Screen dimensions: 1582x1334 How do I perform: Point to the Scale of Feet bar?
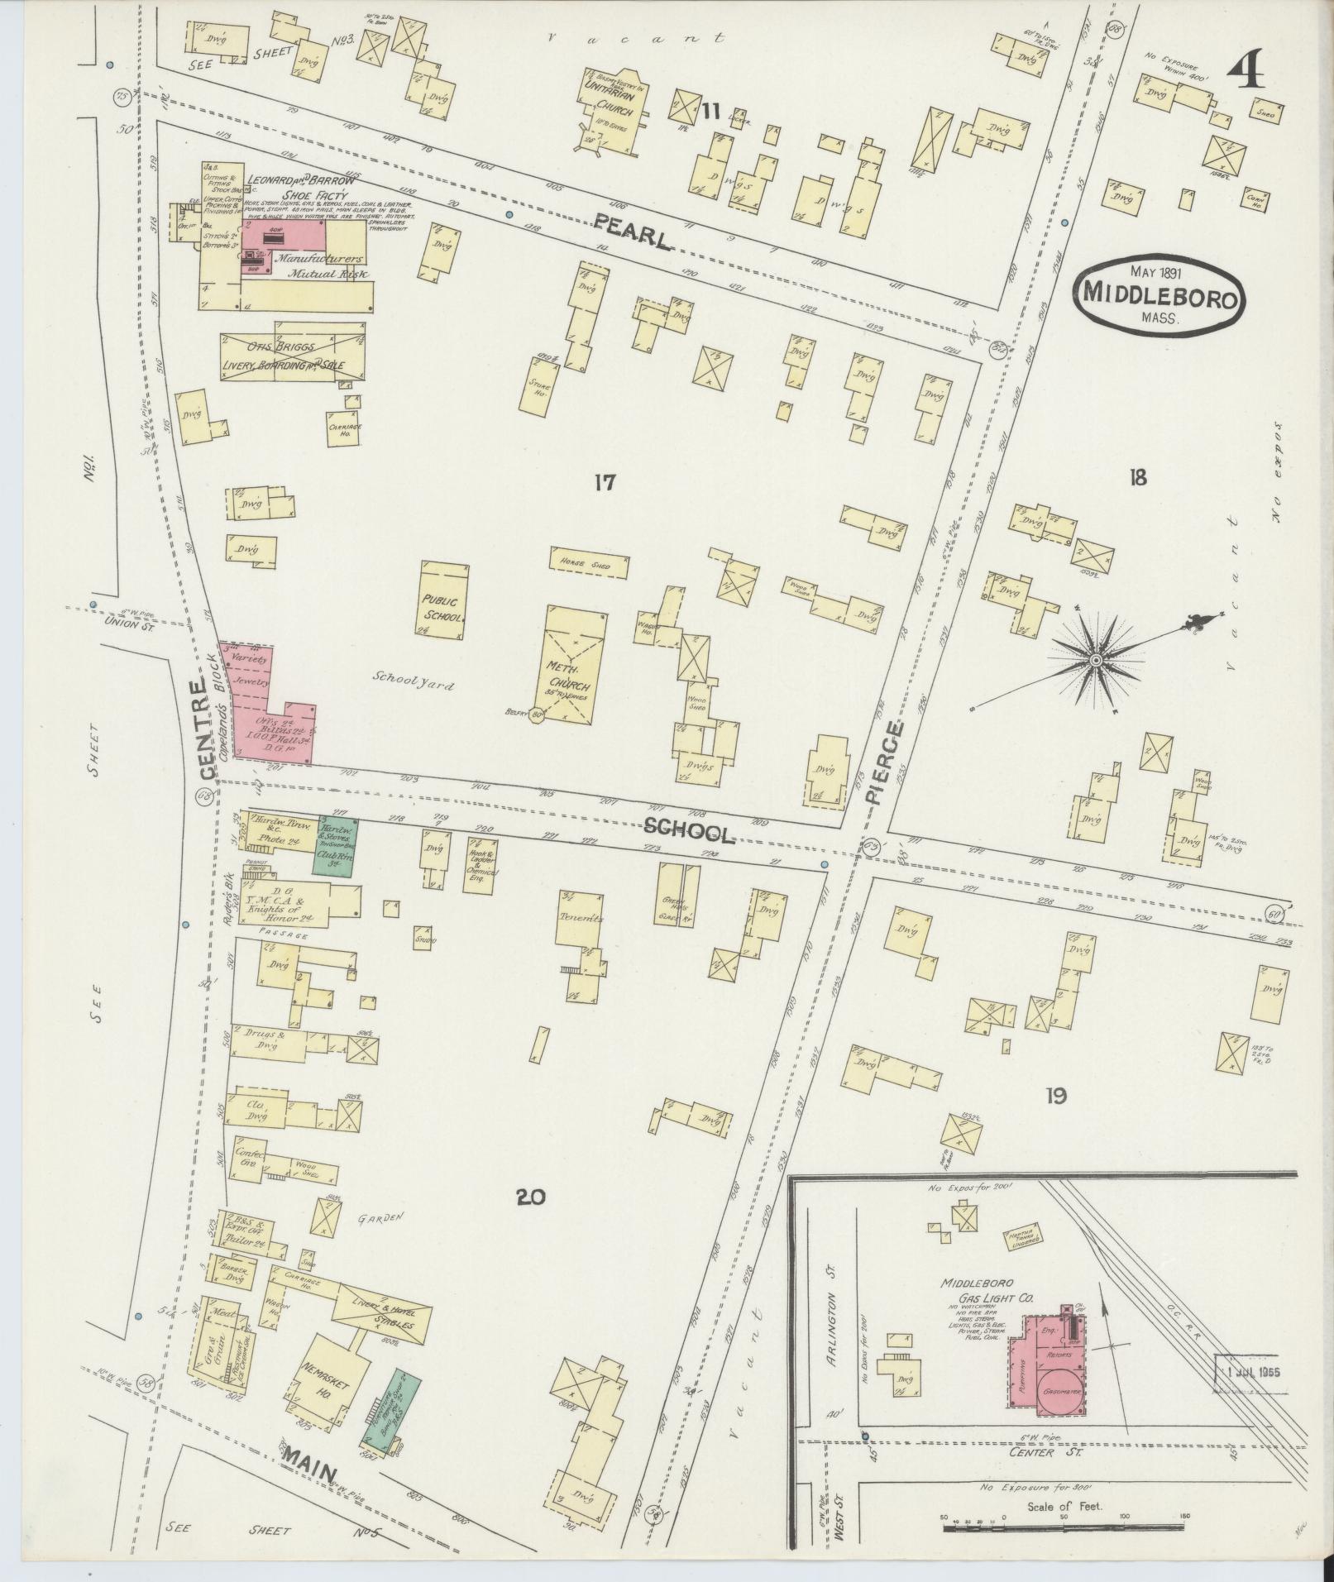[1067, 1524]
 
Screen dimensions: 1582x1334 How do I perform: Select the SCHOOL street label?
[688, 830]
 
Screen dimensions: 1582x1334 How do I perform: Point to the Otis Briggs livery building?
[294, 356]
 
